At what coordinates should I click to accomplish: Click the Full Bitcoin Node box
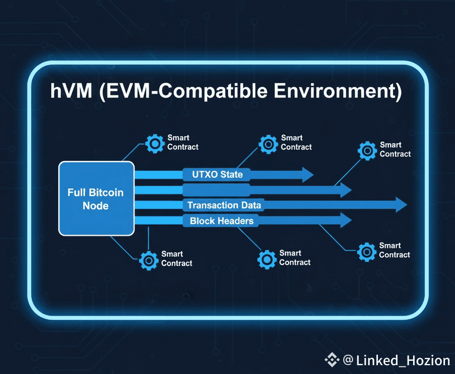coord(96,198)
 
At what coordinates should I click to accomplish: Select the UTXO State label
coord(217,175)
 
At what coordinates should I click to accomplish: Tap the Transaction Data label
coord(224,205)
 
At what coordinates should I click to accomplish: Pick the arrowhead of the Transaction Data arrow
coord(399,205)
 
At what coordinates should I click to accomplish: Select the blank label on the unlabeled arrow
coord(216,191)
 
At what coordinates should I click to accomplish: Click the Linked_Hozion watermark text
coord(403,361)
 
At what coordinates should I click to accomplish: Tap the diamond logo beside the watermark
coord(332,360)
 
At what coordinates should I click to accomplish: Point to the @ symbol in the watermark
coord(348,361)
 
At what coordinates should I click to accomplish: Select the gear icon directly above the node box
coord(155,143)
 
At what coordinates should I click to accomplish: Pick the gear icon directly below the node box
coord(149,259)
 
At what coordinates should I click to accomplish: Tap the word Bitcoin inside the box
coord(107,193)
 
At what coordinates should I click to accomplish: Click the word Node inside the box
coord(96,206)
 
